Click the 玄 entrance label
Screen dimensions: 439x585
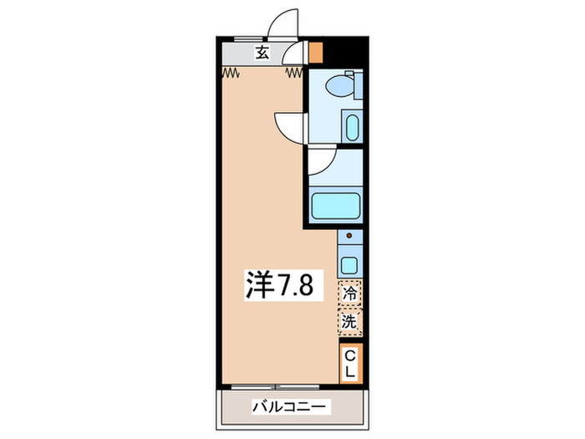pyautogui.click(x=262, y=53)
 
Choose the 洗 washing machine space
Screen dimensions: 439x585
pyautogui.click(x=350, y=319)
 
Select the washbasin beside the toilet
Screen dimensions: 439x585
pyautogui.click(x=352, y=128)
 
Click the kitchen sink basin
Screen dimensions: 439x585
pyautogui.click(x=350, y=266)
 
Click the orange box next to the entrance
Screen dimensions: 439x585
pyautogui.click(x=315, y=52)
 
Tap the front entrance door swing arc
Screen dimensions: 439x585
pyautogui.click(x=282, y=21)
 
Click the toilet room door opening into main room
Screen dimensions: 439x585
pyautogui.click(x=288, y=125)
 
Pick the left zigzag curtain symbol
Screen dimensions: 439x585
pyautogui.click(x=231, y=73)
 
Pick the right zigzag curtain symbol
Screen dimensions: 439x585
pyautogui.click(x=293, y=73)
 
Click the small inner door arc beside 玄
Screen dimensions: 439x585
pyautogui.click(x=293, y=57)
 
